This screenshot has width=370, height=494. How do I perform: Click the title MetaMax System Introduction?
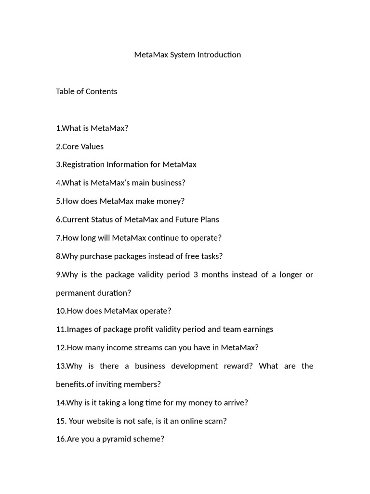tap(187, 55)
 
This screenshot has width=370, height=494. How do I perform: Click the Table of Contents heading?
tap(86, 91)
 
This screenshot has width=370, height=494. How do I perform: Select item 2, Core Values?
tap(79, 146)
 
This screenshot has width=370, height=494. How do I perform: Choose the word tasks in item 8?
tap(211, 256)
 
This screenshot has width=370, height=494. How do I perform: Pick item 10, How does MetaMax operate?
tap(113, 311)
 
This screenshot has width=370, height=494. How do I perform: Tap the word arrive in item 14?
tap(234, 403)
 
